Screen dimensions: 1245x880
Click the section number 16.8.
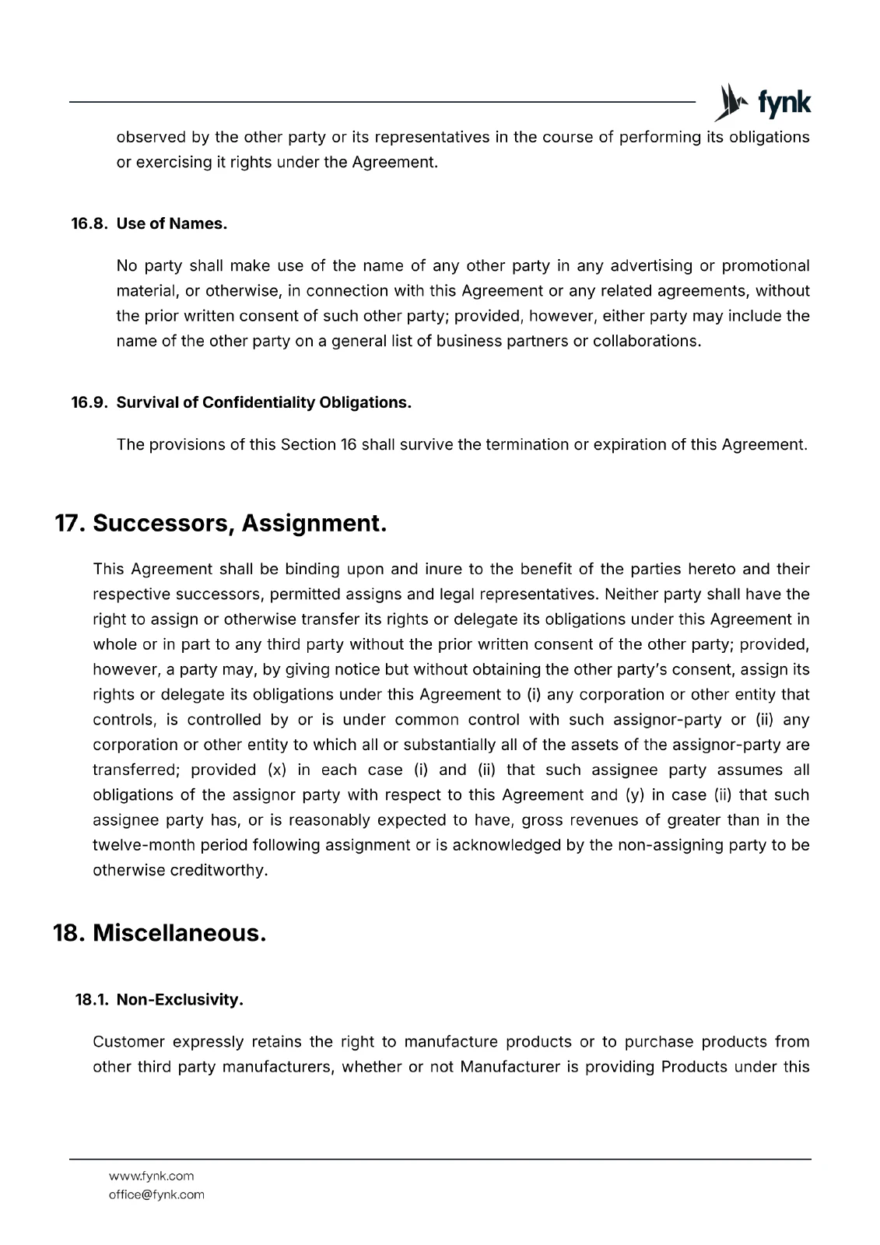(90, 224)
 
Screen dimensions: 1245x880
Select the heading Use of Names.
(172, 224)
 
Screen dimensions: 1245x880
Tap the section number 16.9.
(90, 402)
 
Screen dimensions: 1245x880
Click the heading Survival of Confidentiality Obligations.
(264, 402)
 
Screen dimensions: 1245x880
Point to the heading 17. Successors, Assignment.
(220, 523)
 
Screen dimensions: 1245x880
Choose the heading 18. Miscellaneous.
(160, 932)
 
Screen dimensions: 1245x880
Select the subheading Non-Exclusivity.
(180, 1000)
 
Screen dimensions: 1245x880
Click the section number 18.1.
(92, 1000)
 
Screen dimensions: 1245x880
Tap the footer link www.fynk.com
(151, 1176)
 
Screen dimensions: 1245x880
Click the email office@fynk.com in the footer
(156, 1194)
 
